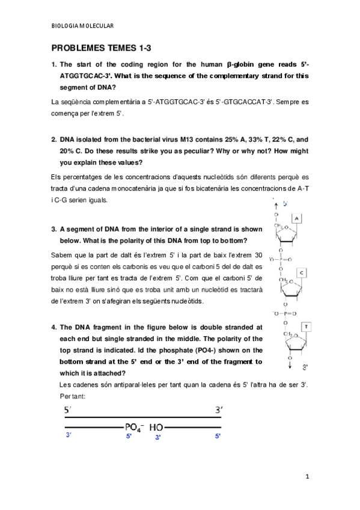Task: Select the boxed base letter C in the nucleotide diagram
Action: point(302,273)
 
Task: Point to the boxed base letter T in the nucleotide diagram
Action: point(306,327)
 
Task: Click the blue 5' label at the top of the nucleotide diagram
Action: point(285,204)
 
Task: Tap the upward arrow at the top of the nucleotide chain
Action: point(275,204)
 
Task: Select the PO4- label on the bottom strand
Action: point(133,427)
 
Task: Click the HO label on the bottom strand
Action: point(156,427)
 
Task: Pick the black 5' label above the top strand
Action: point(68,410)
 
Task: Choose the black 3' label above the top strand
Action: point(219,410)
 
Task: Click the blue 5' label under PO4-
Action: point(129,437)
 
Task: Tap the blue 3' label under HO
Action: point(157,437)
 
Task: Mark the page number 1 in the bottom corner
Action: point(307,477)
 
